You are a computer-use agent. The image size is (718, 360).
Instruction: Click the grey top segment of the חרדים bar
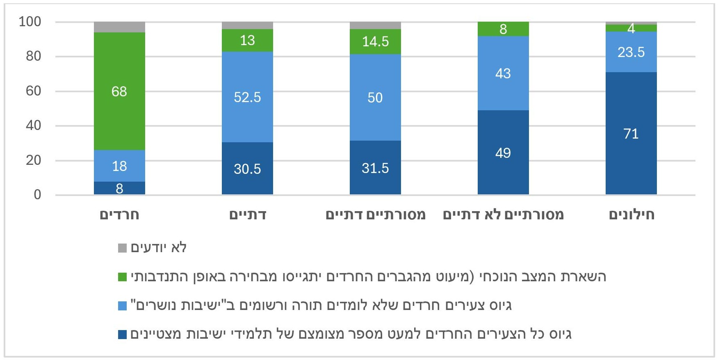click(x=119, y=27)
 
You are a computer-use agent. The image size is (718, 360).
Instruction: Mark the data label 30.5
click(x=247, y=169)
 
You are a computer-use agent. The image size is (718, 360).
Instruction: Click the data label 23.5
click(x=631, y=52)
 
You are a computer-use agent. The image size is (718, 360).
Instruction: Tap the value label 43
click(x=503, y=73)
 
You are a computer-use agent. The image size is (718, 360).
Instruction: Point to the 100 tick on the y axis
click(x=30, y=22)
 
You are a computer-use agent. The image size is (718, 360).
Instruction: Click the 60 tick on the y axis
click(x=34, y=91)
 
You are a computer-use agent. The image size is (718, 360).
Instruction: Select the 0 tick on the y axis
click(x=37, y=195)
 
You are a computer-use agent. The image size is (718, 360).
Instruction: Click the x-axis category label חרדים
click(x=119, y=215)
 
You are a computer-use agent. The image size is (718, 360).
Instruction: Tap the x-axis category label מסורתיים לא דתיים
click(x=503, y=215)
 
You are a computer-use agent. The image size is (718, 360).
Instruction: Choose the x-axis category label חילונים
click(x=631, y=215)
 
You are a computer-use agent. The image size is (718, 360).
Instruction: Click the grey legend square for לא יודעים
click(x=122, y=248)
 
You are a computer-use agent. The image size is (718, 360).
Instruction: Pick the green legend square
click(x=122, y=277)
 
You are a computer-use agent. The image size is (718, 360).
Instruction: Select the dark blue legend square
click(x=122, y=335)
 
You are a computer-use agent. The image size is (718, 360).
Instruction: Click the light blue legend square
click(x=122, y=306)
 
